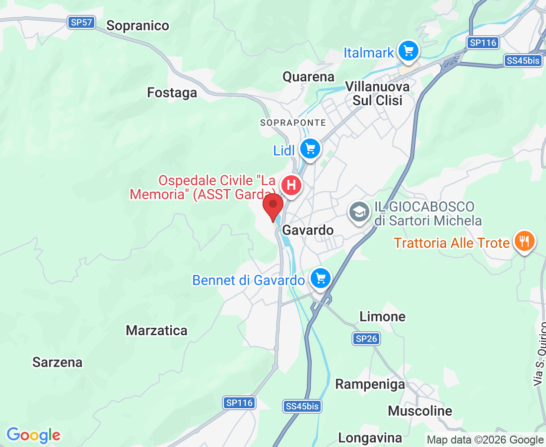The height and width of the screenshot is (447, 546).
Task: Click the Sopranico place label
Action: [x=138, y=26]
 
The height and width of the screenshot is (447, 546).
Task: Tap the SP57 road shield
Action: [x=81, y=22]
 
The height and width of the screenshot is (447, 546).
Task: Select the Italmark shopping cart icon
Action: [x=409, y=51]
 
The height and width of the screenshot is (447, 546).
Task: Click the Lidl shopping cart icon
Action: [x=311, y=149]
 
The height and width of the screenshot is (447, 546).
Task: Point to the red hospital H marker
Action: [x=291, y=186]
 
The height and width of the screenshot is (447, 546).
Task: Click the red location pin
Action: [x=273, y=207]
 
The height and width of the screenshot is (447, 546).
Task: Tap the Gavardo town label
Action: [x=308, y=230]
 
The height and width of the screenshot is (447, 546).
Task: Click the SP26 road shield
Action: [x=367, y=339]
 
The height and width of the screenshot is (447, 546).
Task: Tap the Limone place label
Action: [x=382, y=316]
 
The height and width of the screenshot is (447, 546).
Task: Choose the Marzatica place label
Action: [x=157, y=331]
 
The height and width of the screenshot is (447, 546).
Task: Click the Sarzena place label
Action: [x=58, y=363]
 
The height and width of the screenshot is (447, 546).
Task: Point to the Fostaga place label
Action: [x=172, y=93]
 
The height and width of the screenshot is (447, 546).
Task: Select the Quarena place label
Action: [x=309, y=77]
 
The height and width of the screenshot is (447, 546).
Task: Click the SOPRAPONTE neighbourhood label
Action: [x=293, y=123]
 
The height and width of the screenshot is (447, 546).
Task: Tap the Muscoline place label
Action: [x=420, y=411]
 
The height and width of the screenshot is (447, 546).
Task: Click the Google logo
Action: [x=34, y=436]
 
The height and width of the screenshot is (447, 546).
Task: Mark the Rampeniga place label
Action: [x=370, y=384]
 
